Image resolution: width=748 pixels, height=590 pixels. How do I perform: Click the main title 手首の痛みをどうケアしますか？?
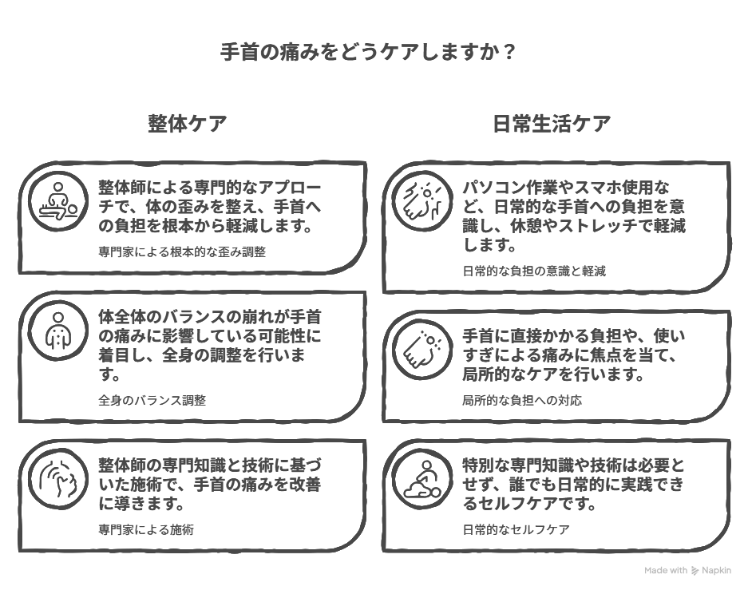(x=367, y=52)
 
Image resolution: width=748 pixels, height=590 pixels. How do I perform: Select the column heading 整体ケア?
(x=187, y=124)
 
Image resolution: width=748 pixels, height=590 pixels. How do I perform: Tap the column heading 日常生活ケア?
(x=552, y=124)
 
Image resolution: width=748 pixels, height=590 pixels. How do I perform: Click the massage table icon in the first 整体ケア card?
(x=58, y=201)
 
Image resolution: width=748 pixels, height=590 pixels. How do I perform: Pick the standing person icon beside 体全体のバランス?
(x=58, y=331)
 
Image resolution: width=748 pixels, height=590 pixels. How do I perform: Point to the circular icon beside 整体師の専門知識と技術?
(x=58, y=479)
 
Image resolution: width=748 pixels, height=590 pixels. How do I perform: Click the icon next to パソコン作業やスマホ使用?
(x=422, y=201)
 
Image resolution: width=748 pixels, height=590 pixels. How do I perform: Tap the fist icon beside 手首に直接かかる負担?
(x=422, y=350)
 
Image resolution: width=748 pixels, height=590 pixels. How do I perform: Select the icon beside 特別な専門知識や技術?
(x=422, y=479)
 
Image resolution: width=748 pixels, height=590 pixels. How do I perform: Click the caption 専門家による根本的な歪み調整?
(x=182, y=251)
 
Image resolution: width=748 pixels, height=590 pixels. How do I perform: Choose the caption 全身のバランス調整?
(x=152, y=400)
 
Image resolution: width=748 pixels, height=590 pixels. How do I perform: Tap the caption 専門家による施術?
(x=146, y=529)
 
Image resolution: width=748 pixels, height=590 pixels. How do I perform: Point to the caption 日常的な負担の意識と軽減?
(x=534, y=271)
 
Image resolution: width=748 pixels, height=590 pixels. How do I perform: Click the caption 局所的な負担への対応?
(x=522, y=400)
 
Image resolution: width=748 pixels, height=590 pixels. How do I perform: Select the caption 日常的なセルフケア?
(x=516, y=529)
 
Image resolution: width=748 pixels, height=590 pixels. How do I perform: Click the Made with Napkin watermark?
(x=687, y=571)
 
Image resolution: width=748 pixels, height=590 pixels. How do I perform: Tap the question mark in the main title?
(x=509, y=52)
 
